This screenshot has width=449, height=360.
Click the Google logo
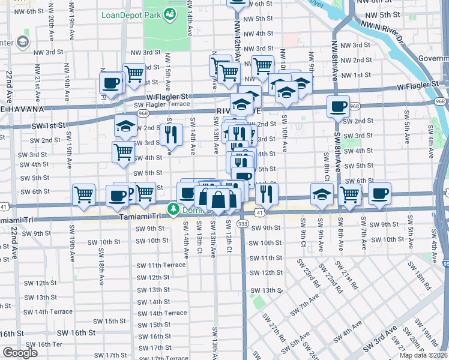tap(20, 353)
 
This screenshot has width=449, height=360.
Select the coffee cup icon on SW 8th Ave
tap(338, 107)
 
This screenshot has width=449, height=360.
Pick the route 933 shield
tap(243, 223)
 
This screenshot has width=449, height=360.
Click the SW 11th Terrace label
tap(161, 265)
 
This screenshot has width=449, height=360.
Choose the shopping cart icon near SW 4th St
tap(123, 151)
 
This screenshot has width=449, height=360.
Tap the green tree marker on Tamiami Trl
tap(173, 209)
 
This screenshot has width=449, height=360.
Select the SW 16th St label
tap(76, 332)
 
